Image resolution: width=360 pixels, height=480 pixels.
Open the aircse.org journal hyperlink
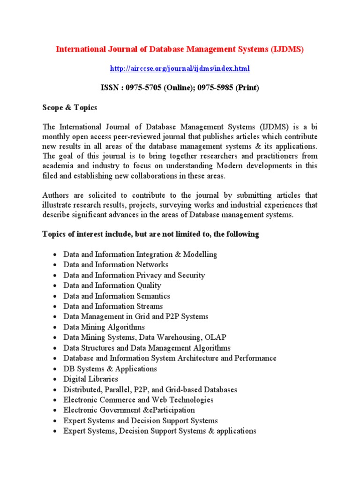click(x=180, y=68)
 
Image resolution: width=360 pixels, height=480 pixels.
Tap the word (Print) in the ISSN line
click(x=247, y=88)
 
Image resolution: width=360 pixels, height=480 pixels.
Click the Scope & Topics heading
click(x=70, y=107)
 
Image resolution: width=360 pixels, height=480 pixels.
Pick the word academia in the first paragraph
click(x=58, y=166)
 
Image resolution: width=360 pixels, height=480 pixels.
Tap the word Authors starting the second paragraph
click(x=56, y=195)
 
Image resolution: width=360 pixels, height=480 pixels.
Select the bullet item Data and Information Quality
click(x=112, y=285)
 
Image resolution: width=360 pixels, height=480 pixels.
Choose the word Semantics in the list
click(x=153, y=296)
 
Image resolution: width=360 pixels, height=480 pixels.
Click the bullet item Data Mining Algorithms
click(x=104, y=327)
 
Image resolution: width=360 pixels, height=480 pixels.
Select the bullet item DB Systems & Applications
click(x=110, y=368)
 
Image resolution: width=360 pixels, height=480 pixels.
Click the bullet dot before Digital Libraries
click(x=55, y=379)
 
